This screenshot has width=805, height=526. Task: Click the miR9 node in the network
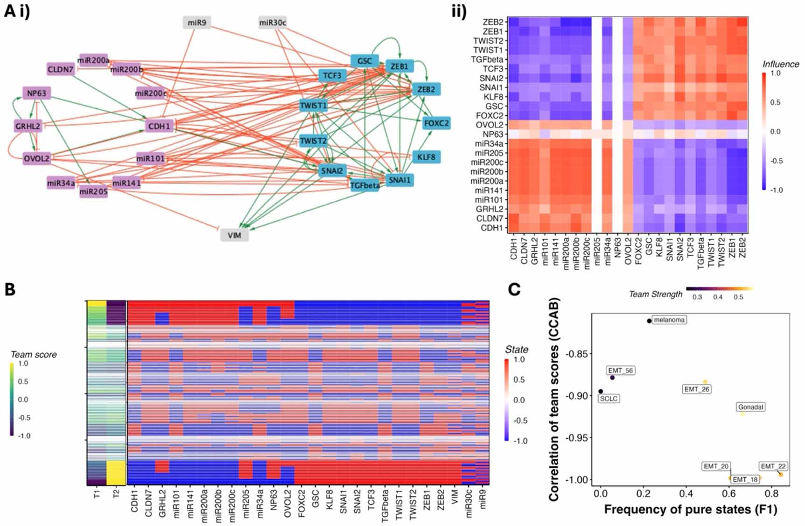coord(197,22)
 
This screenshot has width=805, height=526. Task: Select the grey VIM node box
coord(234,235)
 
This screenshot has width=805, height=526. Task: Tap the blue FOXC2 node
coord(436,123)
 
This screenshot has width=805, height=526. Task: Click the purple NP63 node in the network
coord(36,93)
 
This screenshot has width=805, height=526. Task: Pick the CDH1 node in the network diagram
coord(159,126)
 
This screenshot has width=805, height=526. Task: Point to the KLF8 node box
coord(426,157)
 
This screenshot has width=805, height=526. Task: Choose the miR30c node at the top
coord(273,22)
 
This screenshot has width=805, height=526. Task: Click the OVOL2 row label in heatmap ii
coord(490,125)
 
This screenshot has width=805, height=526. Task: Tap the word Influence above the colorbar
coord(781,64)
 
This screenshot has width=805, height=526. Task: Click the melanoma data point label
coord(669,320)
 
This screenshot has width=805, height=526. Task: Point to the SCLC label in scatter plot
coord(609,399)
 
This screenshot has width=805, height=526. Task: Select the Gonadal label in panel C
coord(750,407)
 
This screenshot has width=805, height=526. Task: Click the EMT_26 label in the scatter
coord(697,389)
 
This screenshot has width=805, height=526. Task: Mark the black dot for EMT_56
coord(612,378)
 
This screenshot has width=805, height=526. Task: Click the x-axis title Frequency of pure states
coord(691,509)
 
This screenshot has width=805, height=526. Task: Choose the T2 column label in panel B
coord(116,493)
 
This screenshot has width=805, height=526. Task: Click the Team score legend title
coord(34,355)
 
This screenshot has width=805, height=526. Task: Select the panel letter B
coord(10,289)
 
